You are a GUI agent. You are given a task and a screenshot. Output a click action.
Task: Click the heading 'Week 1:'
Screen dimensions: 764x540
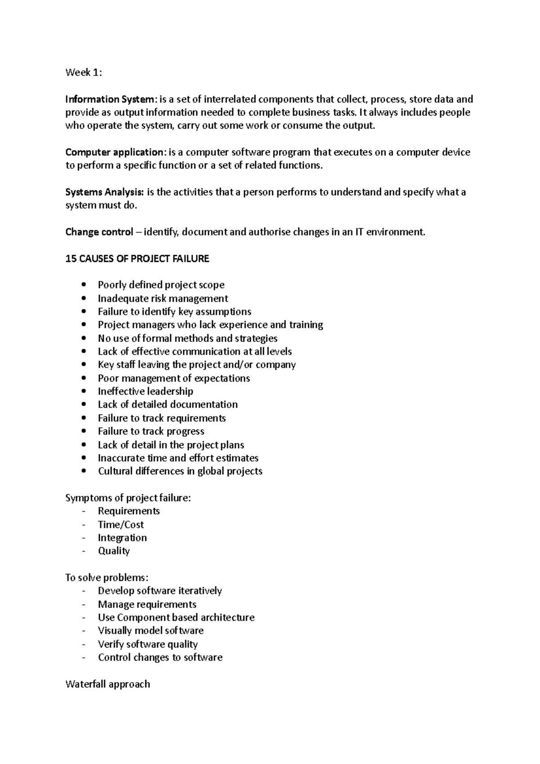pyautogui.click(x=84, y=72)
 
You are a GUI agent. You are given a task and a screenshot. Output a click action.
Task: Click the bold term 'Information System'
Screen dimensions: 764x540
pyautogui.click(x=110, y=99)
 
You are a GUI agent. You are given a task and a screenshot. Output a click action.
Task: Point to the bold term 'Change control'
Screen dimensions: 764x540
pyautogui.click(x=99, y=232)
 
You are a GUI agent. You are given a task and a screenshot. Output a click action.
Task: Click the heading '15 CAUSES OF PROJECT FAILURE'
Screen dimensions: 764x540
pyautogui.click(x=137, y=259)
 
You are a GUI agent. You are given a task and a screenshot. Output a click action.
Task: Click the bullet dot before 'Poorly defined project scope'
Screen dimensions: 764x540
pyautogui.click(x=84, y=285)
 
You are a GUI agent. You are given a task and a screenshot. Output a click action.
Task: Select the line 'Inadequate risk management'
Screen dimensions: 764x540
pyautogui.click(x=163, y=298)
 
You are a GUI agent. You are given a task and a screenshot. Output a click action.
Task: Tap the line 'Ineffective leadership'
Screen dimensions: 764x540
pyautogui.click(x=145, y=391)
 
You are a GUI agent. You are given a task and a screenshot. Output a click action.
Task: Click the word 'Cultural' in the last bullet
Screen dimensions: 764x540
pyautogui.click(x=113, y=471)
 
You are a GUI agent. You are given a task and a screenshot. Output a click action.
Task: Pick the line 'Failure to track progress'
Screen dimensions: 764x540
pyautogui.click(x=151, y=431)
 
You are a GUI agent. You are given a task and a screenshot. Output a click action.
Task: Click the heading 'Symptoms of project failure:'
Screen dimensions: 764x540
pyautogui.click(x=128, y=498)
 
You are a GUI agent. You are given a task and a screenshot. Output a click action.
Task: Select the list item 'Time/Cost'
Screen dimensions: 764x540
pyautogui.click(x=121, y=525)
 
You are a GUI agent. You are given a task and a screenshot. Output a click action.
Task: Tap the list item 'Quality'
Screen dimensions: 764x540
pyautogui.click(x=114, y=551)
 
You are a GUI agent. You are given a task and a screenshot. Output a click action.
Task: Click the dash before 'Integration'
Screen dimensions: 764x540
pyautogui.click(x=83, y=538)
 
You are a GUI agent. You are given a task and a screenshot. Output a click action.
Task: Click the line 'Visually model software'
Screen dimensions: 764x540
pyautogui.click(x=150, y=631)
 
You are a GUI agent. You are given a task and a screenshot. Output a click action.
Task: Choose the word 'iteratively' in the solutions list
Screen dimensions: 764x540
pyautogui.click(x=200, y=591)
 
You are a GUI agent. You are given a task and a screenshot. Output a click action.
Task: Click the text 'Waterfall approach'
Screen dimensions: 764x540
pyautogui.click(x=108, y=684)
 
